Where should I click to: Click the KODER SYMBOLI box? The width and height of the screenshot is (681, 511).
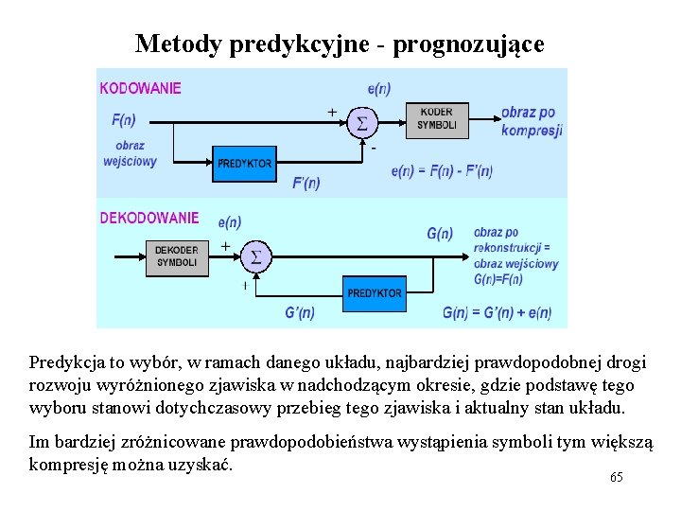[437, 119]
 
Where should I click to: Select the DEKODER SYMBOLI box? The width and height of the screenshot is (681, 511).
[177, 256]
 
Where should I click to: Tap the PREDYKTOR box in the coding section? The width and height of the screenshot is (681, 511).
[244, 163]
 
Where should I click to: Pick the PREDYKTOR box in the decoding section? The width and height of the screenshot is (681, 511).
[375, 292]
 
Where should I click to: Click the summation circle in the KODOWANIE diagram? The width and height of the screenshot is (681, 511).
[360, 123]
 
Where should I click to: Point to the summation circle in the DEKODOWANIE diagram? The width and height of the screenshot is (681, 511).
[255, 256]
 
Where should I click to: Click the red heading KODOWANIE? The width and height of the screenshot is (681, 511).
[140, 88]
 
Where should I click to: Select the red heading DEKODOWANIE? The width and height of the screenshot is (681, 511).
[149, 218]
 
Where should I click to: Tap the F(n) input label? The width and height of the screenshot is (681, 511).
[124, 120]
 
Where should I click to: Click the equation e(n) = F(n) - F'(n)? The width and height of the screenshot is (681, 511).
[442, 171]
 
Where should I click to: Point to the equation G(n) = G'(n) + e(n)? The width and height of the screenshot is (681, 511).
[497, 312]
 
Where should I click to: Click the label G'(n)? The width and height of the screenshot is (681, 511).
[300, 312]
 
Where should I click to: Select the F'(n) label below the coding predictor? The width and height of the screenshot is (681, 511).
[306, 183]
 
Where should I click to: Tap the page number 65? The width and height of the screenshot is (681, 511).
[617, 478]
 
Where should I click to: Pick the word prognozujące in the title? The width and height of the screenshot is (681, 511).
[470, 44]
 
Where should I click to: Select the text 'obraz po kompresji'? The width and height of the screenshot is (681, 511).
[532, 121]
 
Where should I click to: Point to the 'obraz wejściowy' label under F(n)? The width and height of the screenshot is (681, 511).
[130, 153]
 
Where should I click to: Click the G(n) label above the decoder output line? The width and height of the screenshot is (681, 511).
[440, 233]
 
